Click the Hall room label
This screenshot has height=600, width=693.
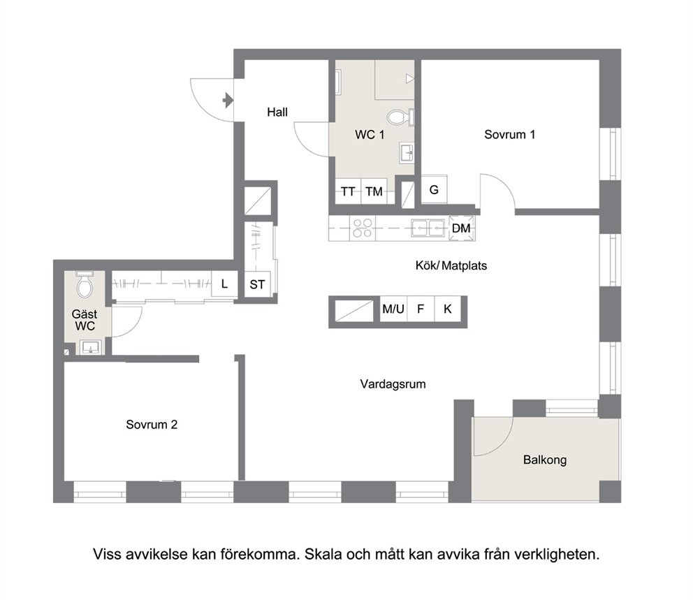277,112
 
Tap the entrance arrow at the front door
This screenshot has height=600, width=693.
228,101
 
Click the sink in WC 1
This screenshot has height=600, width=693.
407,152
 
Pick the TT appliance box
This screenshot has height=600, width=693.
349,191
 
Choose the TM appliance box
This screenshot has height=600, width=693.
374,191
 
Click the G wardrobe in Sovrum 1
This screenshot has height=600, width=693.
434,189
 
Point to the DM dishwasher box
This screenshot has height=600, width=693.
462,228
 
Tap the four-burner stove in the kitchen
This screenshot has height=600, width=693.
363,228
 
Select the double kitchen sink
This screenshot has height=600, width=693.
428,228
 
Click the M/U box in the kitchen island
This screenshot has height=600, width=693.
393,309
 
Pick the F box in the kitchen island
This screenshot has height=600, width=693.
421,309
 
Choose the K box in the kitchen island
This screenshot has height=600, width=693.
448,309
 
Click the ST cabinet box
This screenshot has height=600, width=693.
257,284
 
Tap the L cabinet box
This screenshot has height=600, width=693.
224,284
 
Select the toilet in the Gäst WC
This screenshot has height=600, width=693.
85,285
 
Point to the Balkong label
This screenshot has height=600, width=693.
545,460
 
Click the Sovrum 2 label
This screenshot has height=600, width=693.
152,425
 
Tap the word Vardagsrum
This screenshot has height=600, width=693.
393,384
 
